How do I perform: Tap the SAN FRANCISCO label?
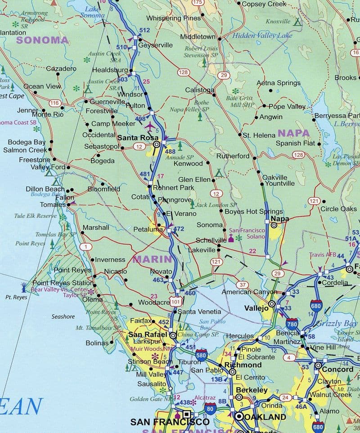pyautogui.click(x=170, y=422)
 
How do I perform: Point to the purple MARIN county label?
pyautogui.click(x=152, y=259)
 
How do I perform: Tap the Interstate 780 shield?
pyautogui.click(x=292, y=323)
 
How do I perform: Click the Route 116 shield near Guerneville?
pyautogui.click(x=55, y=103)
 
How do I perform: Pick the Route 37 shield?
pyautogui.click(x=243, y=285)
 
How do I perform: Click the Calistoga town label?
pyautogui.click(x=200, y=90)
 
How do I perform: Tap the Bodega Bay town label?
pyautogui.click(x=27, y=142)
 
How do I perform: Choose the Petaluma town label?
pyautogui.click(x=148, y=229)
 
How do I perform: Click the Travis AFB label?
pyautogui.click(x=322, y=254)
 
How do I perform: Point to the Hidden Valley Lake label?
pyautogui.click(x=256, y=36)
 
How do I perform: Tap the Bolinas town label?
pyautogui.click(x=97, y=343)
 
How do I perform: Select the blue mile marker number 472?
pyautogui.click(x=179, y=229)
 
